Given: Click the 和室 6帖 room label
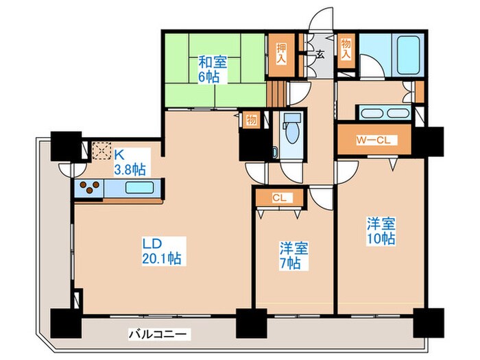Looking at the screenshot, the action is [x=213, y=69].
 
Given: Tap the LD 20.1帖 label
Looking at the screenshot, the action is [x=163, y=251].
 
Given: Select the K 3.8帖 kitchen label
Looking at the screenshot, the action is [x=130, y=163].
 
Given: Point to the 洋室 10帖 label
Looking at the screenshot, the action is [x=381, y=231].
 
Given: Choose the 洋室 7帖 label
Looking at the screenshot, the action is [x=293, y=256].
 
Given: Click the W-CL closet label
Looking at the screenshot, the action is [x=374, y=140].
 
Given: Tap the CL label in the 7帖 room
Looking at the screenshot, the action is [x=279, y=198].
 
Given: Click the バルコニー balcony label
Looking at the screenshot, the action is [x=157, y=335].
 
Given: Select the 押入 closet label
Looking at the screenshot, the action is [x=281, y=54].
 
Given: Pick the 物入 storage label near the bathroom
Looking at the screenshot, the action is [x=346, y=49].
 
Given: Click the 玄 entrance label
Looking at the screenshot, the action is [x=320, y=54].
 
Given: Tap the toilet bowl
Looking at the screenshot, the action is [x=291, y=132].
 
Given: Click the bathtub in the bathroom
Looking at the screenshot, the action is [x=407, y=55].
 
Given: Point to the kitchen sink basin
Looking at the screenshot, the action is [x=139, y=187].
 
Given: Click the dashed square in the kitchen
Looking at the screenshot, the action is [x=101, y=151].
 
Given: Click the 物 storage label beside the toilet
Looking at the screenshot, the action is [x=252, y=120].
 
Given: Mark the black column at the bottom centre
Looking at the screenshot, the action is [x=252, y=323].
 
